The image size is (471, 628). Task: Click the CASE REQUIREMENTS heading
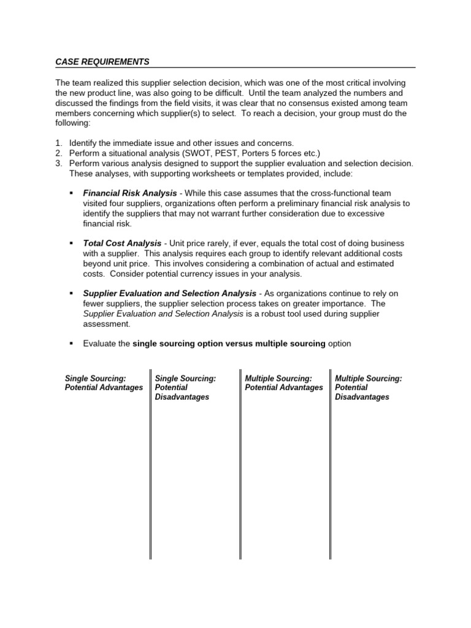[x=102, y=62]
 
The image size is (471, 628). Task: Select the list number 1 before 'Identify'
[x=58, y=143]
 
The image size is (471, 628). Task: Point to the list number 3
[x=58, y=163]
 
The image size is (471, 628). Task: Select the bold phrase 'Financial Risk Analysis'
[x=129, y=193]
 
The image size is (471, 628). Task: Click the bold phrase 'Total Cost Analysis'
[x=122, y=243]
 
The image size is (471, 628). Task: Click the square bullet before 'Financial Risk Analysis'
[x=72, y=193]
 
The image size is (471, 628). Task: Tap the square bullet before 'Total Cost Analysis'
[x=72, y=243]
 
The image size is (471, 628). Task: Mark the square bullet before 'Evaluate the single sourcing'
[x=72, y=344]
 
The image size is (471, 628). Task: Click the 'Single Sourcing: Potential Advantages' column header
[x=104, y=383]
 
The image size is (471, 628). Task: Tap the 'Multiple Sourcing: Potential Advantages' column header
[x=283, y=383]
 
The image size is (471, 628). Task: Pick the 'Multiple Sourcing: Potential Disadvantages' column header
[x=368, y=388]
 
